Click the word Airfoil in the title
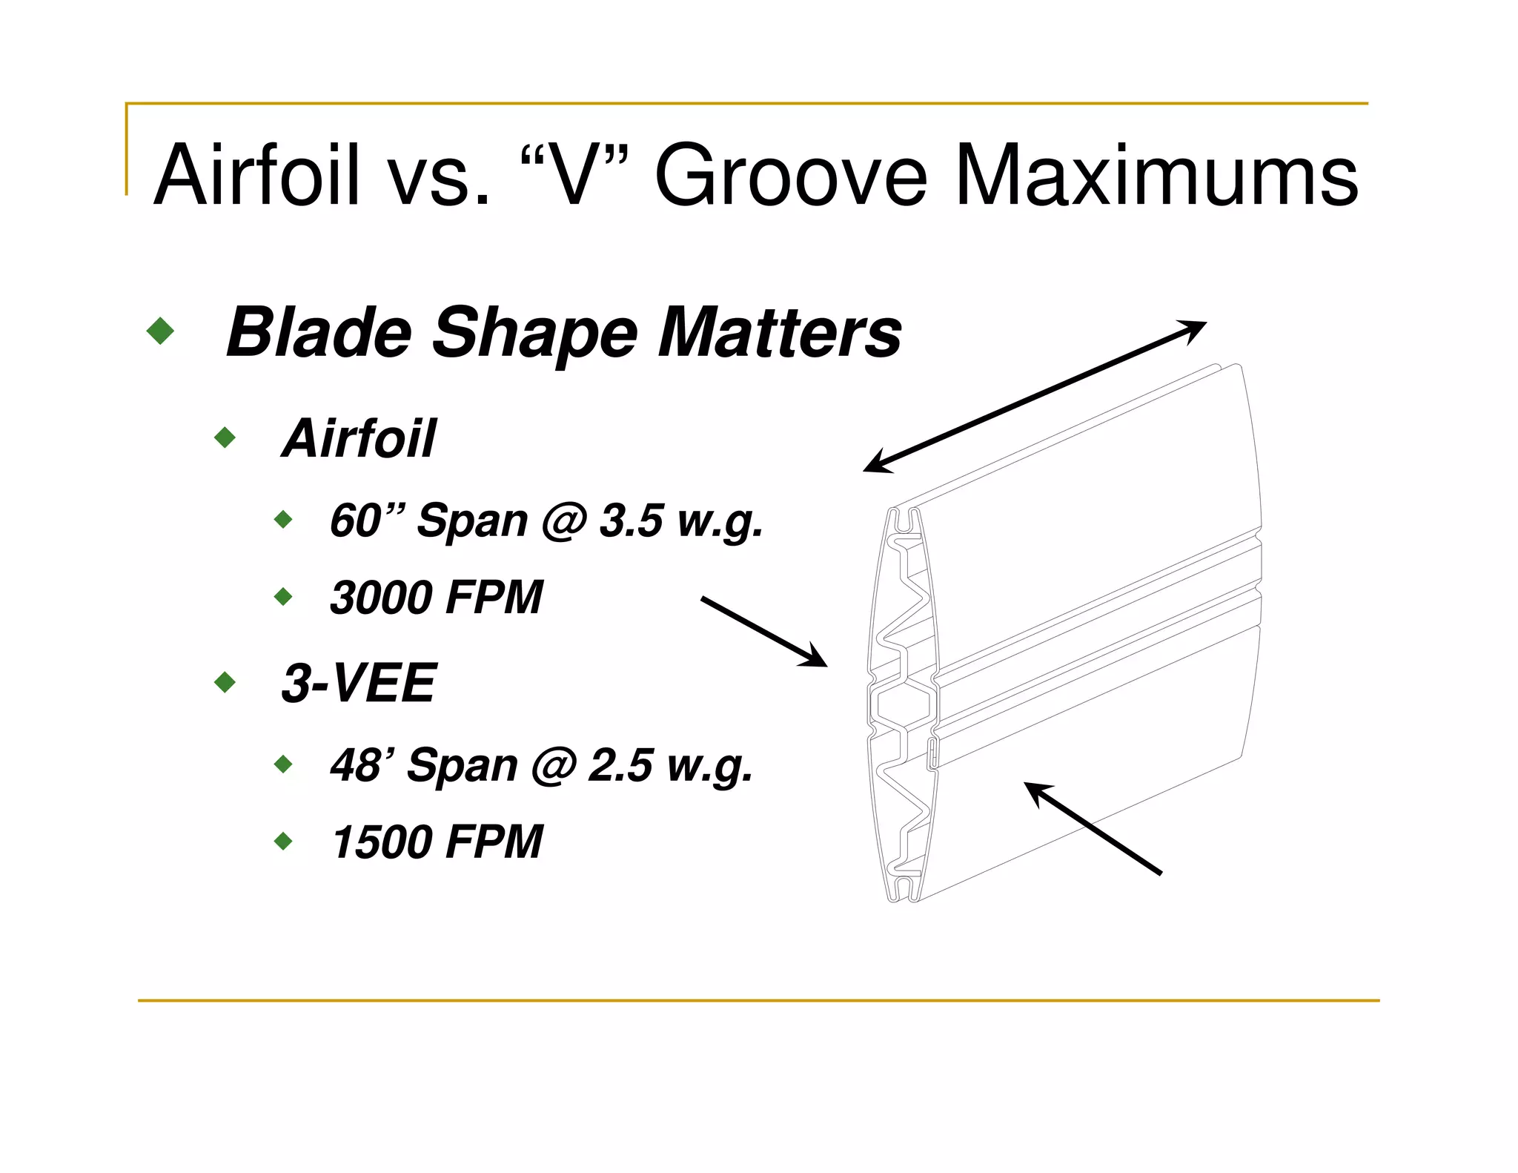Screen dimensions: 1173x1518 [x=256, y=176]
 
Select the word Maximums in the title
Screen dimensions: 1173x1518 [x=1156, y=176]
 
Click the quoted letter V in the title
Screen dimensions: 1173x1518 [x=576, y=176]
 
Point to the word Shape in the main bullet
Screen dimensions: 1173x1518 [x=534, y=334]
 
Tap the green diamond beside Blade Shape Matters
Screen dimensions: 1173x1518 [x=161, y=331]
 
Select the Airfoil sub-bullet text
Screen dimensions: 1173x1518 [x=359, y=438]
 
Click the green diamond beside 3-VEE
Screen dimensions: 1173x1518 [x=225, y=682]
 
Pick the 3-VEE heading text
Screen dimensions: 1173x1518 [x=359, y=683]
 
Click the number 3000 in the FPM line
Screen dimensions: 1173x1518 [x=380, y=598]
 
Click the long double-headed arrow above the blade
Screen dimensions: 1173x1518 [x=1035, y=397]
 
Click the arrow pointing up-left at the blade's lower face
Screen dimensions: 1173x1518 [x=1093, y=828]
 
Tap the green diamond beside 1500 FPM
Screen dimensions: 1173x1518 [x=283, y=842]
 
